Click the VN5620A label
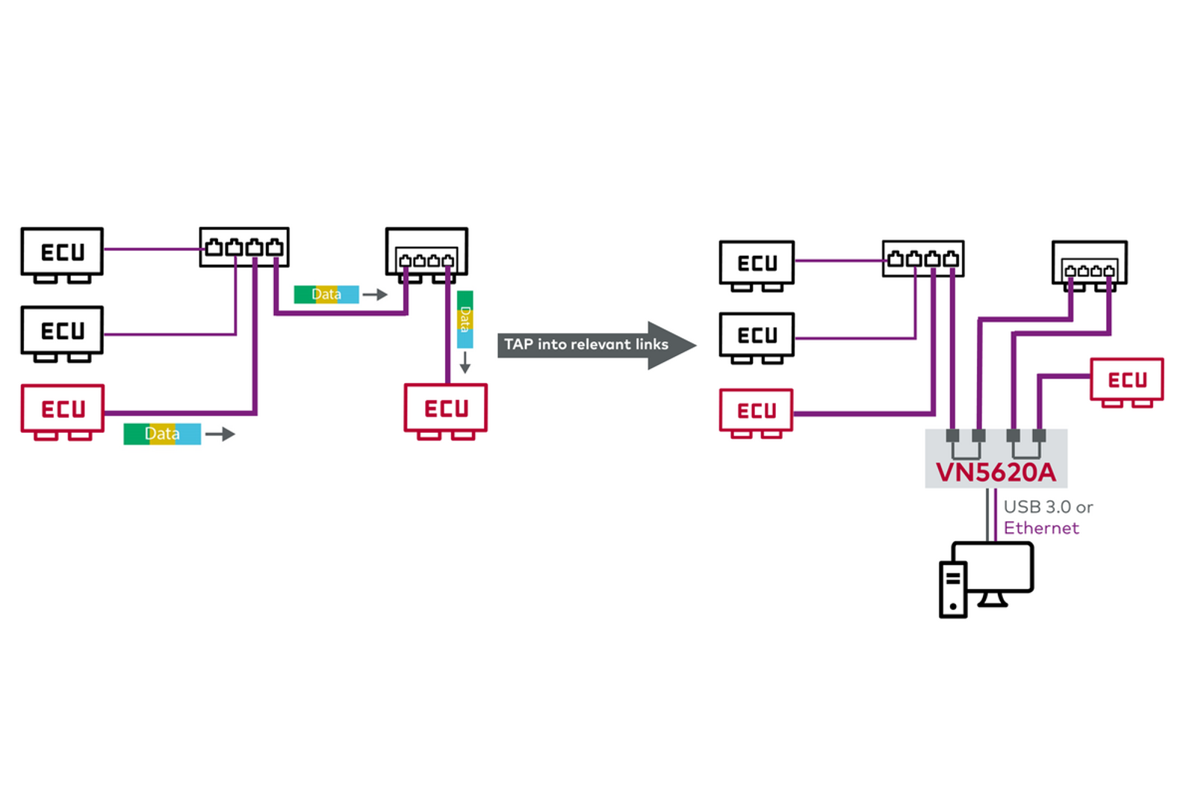coord(996,473)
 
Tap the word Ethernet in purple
coord(1040,528)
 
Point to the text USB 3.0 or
coord(1048,507)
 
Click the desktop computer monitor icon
coord(993,569)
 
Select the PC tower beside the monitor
coord(952,590)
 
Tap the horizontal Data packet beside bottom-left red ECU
coord(162,434)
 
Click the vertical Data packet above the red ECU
coord(465,319)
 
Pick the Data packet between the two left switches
coord(326,294)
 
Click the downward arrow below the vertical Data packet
coord(465,362)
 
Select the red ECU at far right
coord(1126,380)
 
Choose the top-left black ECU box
coord(62,252)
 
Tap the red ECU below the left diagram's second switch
coord(446,408)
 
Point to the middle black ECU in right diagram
coord(757,335)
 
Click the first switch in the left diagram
coord(244,247)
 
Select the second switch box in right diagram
coord(1089,262)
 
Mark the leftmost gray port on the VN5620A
coord(952,435)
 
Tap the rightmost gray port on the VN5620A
coord(1039,435)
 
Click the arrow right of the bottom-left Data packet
coord(220,434)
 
